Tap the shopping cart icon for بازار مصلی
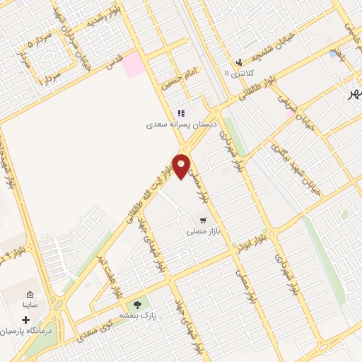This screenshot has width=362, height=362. [204, 220]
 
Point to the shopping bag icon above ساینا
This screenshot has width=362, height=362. [29, 295]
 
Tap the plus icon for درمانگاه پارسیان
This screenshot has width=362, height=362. [26, 320]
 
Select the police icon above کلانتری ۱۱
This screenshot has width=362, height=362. [240, 62]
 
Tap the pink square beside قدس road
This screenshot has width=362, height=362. [132, 66]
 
